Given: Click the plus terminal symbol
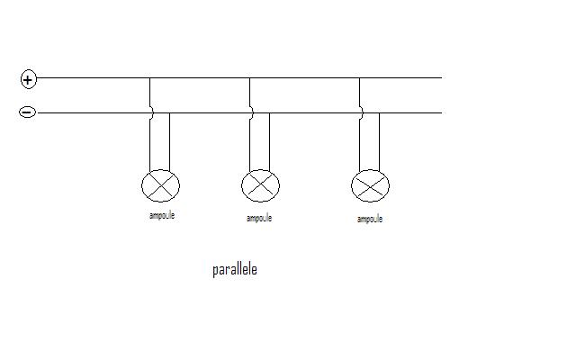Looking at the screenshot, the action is (x=29, y=79).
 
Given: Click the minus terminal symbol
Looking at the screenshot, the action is (x=28, y=112).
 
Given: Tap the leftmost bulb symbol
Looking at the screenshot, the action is (x=160, y=185).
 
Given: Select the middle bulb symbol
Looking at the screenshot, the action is (x=260, y=185).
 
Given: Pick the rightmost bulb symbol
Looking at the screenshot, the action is (x=370, y=185).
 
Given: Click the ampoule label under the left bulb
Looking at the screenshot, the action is (x=162, y=215).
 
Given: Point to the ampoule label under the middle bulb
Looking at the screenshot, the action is (x=259, y=218).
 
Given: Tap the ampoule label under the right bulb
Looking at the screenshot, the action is (x=370, y=220).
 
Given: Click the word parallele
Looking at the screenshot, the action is (x=235, y=270).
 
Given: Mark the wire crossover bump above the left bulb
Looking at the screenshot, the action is (x=151, y=112).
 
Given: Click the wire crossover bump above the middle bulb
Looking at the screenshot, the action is (x=251, y=112).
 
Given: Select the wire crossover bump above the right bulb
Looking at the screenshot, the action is (x=361, y=112).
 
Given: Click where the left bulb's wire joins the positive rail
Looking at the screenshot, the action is (x=150, y=78).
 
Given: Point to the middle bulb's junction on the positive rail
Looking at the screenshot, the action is (x=250, y=78).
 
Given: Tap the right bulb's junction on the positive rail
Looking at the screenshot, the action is (x=360, y=78).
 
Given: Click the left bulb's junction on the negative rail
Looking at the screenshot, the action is (x=170, y=112).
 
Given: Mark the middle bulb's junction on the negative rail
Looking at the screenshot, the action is (x=270, y=112).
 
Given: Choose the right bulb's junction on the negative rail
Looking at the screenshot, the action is (x=380, y=112).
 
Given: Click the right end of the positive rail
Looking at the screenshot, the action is (x=442, y=78).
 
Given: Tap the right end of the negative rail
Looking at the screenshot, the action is (x=442, y=112).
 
